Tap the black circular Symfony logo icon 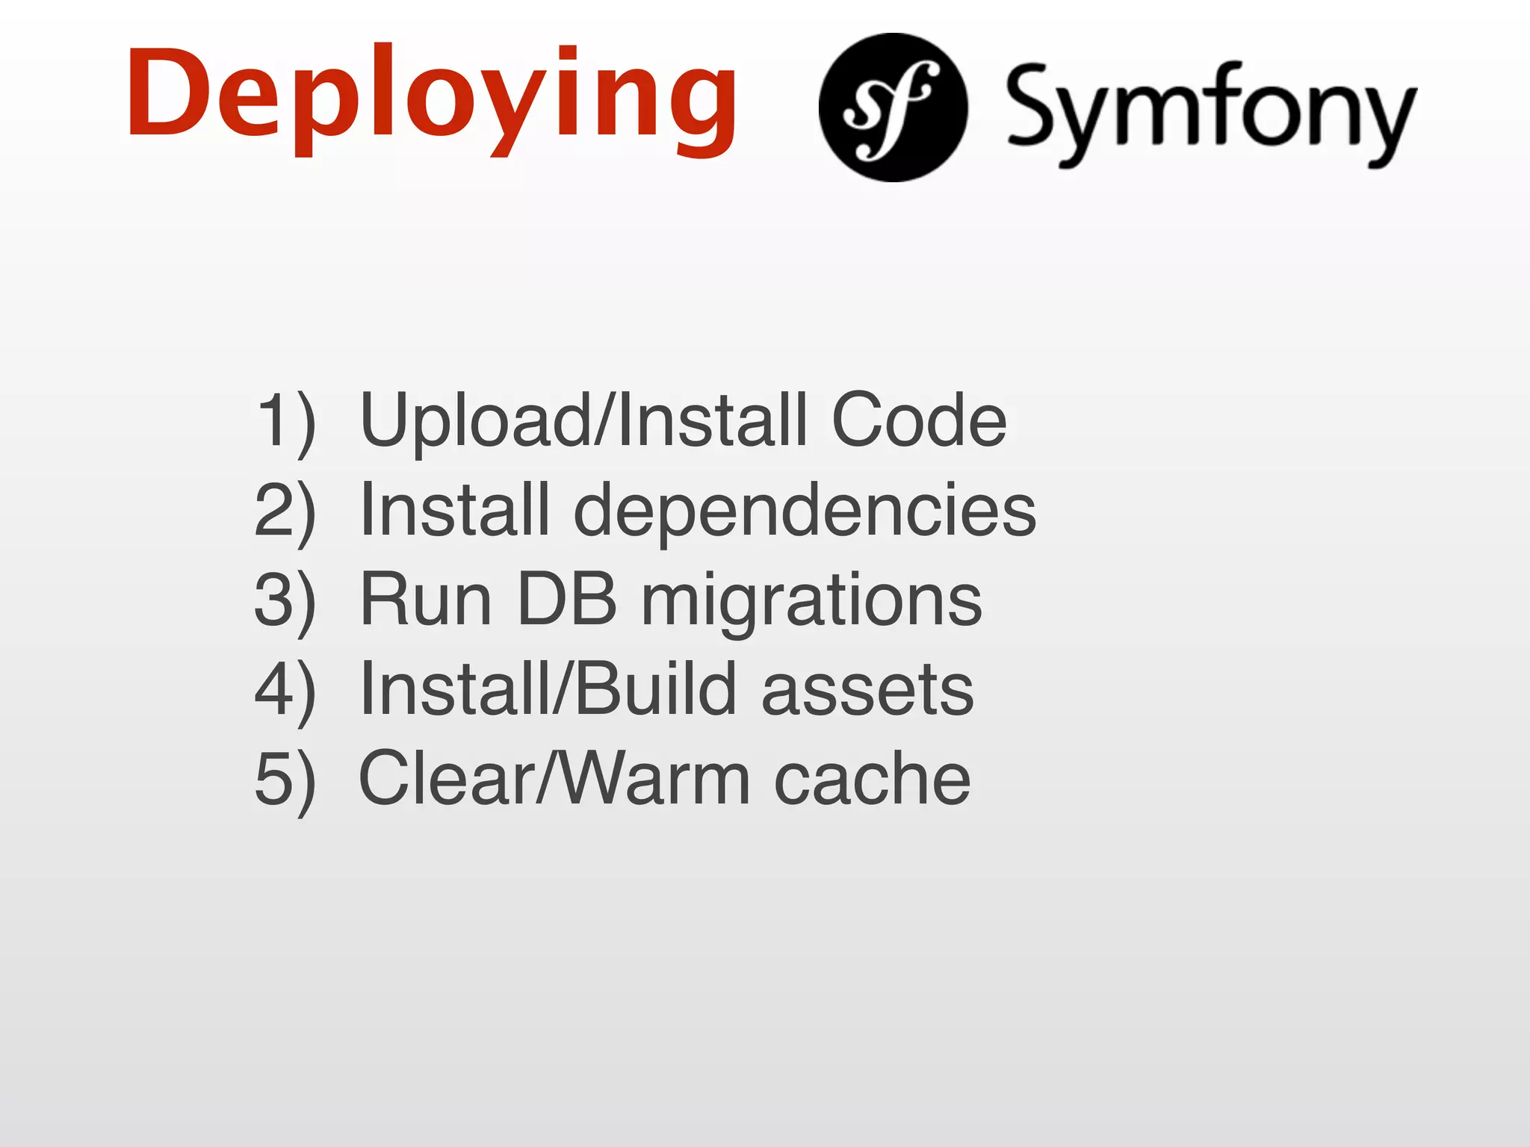[x=893, y=108]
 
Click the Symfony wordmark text [x=1210, y=112]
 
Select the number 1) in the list [x=285, y=422]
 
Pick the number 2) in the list [x=285, y=512]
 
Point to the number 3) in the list [x=285, y=601]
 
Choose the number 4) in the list [x=285, y=691]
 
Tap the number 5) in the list [x=285, y=780]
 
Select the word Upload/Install [x=583, y=422]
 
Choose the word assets [x=867, y=691]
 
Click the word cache [x=872, y=780]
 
